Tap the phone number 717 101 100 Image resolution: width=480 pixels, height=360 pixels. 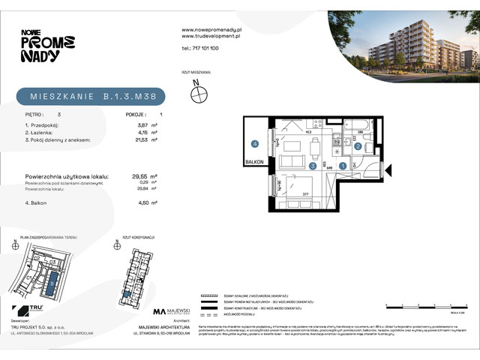(200, 48)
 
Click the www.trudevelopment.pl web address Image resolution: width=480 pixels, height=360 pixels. (211, 35)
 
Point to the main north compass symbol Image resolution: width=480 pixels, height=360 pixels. (199, 94)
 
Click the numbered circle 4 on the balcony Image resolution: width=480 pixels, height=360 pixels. (255, 144)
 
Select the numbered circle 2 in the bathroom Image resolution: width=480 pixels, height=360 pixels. (358, 146)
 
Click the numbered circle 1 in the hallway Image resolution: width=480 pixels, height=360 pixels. (343, 166)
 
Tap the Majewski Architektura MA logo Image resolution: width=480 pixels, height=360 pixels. (158, 311)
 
